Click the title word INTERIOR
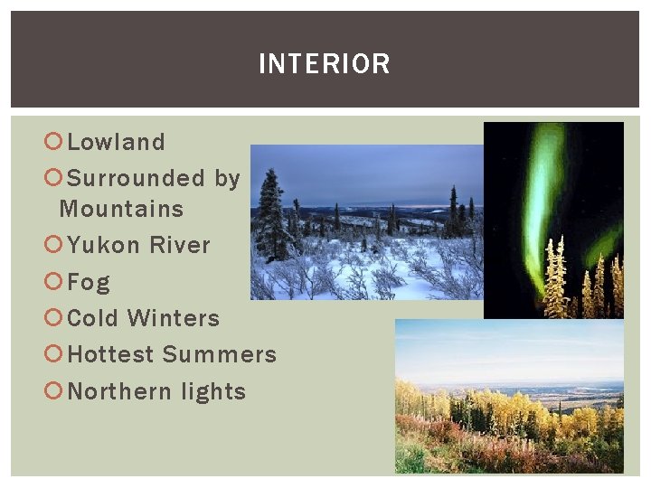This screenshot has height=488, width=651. [324, 64]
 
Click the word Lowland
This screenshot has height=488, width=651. [117, 142]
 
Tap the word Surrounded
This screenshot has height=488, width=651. [137, 178]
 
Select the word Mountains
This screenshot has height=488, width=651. [121, 209]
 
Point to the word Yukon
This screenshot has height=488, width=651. [104, 245]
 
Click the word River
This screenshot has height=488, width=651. [180, 245]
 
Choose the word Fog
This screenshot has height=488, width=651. [89, 282]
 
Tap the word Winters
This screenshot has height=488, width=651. [174, 318]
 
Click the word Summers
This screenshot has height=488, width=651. [219, 354]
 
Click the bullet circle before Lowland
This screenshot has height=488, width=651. [53, 142]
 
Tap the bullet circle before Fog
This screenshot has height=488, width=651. [53, 282]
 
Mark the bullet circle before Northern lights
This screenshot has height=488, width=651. [53, 391]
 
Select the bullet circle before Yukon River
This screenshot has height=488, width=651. [53, 245]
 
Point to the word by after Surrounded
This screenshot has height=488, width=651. [228, 178]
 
